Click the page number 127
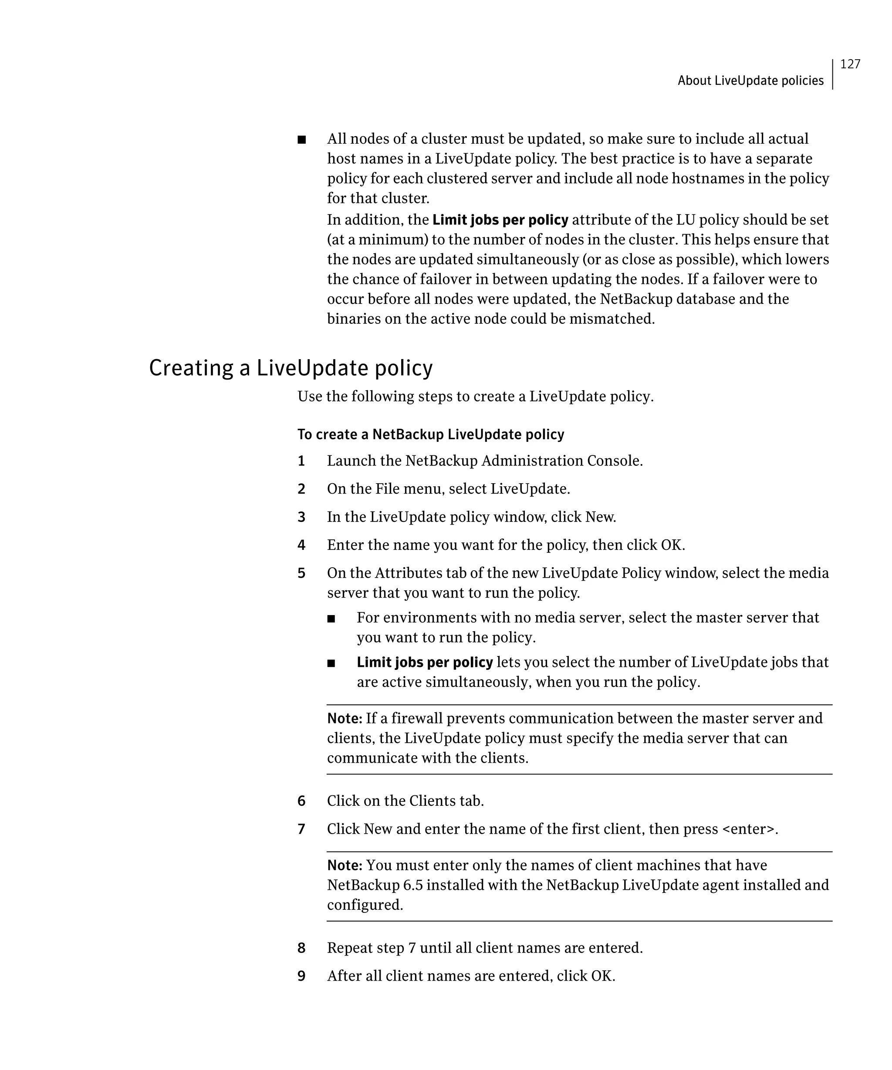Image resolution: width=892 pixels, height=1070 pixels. (850, 64)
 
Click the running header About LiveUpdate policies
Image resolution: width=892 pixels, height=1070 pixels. (750, 81)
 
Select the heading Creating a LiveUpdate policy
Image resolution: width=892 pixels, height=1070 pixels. (291, 368)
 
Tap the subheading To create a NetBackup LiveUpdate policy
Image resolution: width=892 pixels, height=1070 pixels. (431, 434)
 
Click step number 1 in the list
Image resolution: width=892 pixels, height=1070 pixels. (301, 461)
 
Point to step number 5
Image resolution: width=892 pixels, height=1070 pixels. (301, 573)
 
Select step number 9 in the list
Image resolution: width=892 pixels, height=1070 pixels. (301, 976)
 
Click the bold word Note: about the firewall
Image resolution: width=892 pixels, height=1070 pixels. (345, 718)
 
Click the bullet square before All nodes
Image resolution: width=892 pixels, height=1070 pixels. (302, 140)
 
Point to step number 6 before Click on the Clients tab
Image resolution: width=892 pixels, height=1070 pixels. (301, 801)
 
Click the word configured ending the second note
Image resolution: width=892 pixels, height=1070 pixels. (365, 905)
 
